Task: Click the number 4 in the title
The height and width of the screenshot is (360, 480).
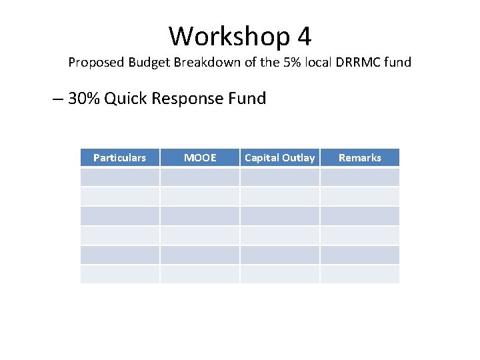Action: tap(304, 36)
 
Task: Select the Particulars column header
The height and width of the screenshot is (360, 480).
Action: tap(119, 158)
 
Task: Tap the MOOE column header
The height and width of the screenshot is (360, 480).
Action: tap(200, 158)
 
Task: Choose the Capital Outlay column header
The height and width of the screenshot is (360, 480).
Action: tap(280, 158)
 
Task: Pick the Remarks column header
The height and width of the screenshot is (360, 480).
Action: tap(360, 158)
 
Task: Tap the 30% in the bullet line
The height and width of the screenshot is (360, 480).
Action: tap(84, 99)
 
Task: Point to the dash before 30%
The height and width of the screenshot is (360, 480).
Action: tap(57, 99)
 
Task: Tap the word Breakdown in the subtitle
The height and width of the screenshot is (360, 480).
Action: tap(205, 63)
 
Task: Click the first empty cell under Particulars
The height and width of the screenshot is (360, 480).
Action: tap(119, 177)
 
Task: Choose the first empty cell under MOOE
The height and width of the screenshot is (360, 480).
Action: tap(200, 177)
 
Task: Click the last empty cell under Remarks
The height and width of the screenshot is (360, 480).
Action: tap(360, 274)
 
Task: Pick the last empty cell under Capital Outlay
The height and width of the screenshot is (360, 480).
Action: tap(280, 274)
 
